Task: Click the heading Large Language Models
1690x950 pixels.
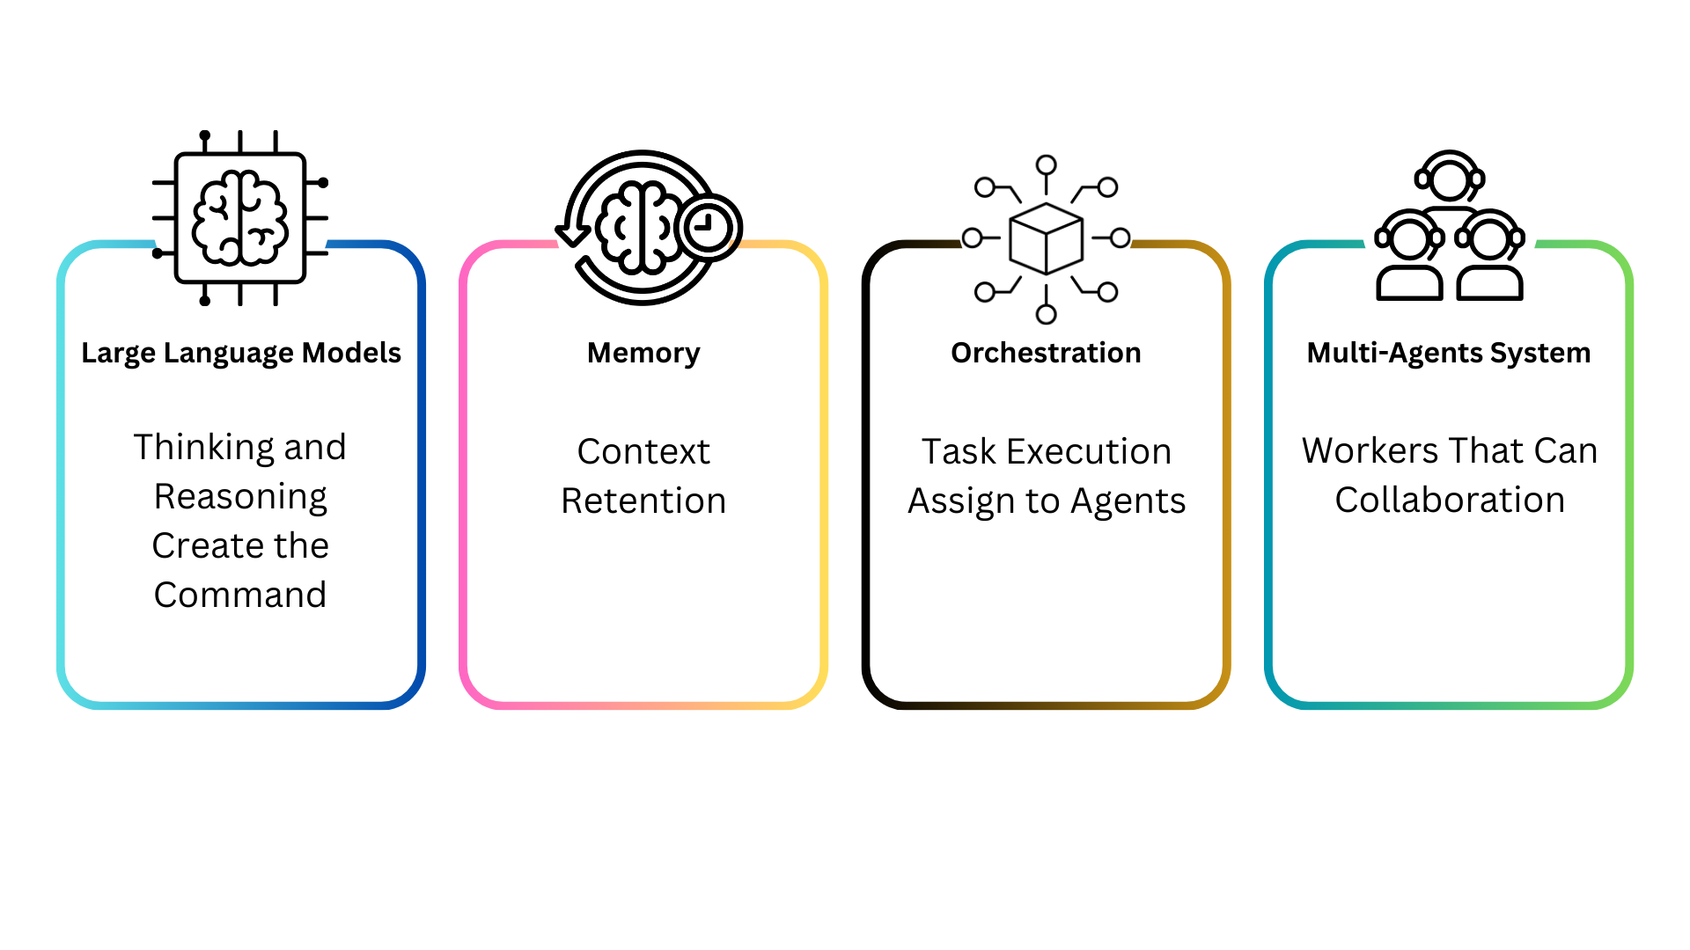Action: (x=240, y=353)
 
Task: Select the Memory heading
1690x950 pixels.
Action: (x=643, y=353)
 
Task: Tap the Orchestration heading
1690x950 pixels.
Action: (x=1046, y=353)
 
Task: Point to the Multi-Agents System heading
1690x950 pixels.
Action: (x=1449, y=353)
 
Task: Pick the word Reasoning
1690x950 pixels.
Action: (x=240, y=497)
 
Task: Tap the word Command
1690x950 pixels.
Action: (x=240, y=596)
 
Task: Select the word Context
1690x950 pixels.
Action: (x=643, y=452)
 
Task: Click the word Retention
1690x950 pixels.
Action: (x=643, y=501)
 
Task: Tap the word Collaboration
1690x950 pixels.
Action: (x=1450, y=501)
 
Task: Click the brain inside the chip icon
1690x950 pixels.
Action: (x=240, y=218)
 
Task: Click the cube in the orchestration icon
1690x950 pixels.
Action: (x=1046, y=239)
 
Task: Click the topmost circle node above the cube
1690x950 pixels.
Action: (x=1046, y=164)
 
